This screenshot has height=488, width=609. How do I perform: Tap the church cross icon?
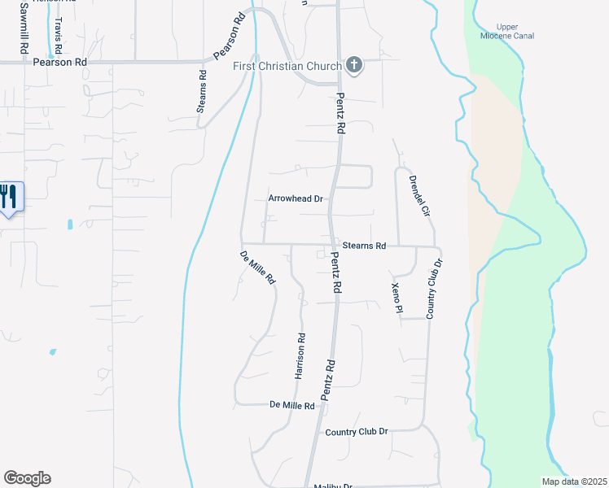click(354, 63)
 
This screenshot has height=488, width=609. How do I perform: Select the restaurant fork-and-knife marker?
click(9, 196)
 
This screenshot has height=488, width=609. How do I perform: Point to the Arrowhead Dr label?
click(296, 198)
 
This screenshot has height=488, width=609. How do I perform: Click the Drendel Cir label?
click(418, 196)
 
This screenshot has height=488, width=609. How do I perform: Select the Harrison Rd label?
click(300, 356)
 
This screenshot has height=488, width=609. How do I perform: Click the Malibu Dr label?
click(333, 486)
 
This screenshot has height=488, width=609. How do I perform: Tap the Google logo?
click(27, 478)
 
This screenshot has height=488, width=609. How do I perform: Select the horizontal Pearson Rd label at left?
click(59, 62)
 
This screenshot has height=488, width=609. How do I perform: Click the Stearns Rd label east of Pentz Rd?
click(363, 245)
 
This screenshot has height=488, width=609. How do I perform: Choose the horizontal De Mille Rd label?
click(292, 405)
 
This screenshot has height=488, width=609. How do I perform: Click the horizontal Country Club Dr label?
click(357, 432)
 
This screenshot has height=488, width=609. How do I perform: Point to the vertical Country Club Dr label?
click(434, 289)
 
